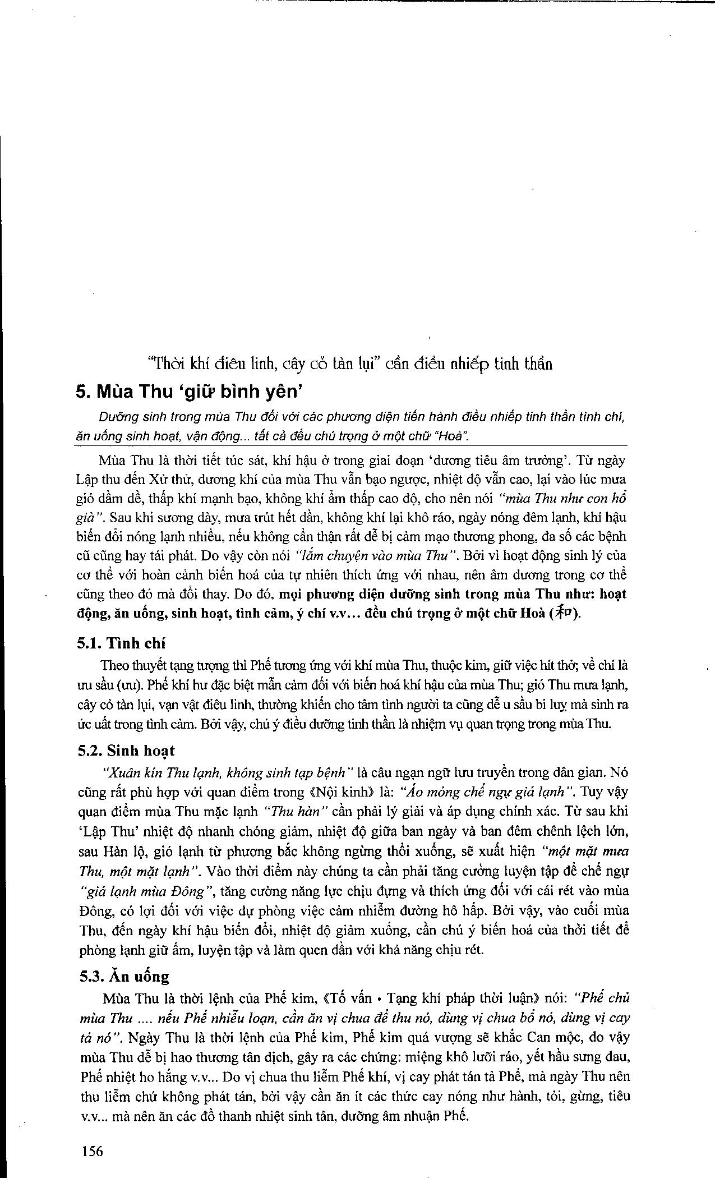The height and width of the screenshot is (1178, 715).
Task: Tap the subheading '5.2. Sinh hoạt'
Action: point(127,751)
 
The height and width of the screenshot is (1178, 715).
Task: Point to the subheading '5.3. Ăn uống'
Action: point(124,977)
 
